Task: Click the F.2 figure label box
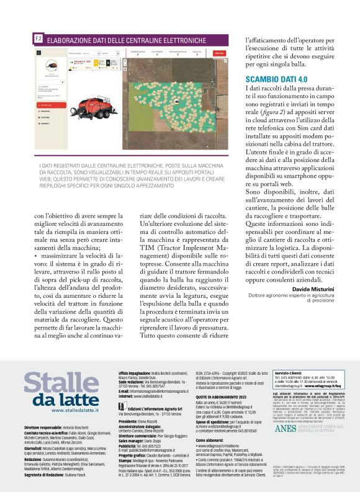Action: [x=38, y=39]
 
